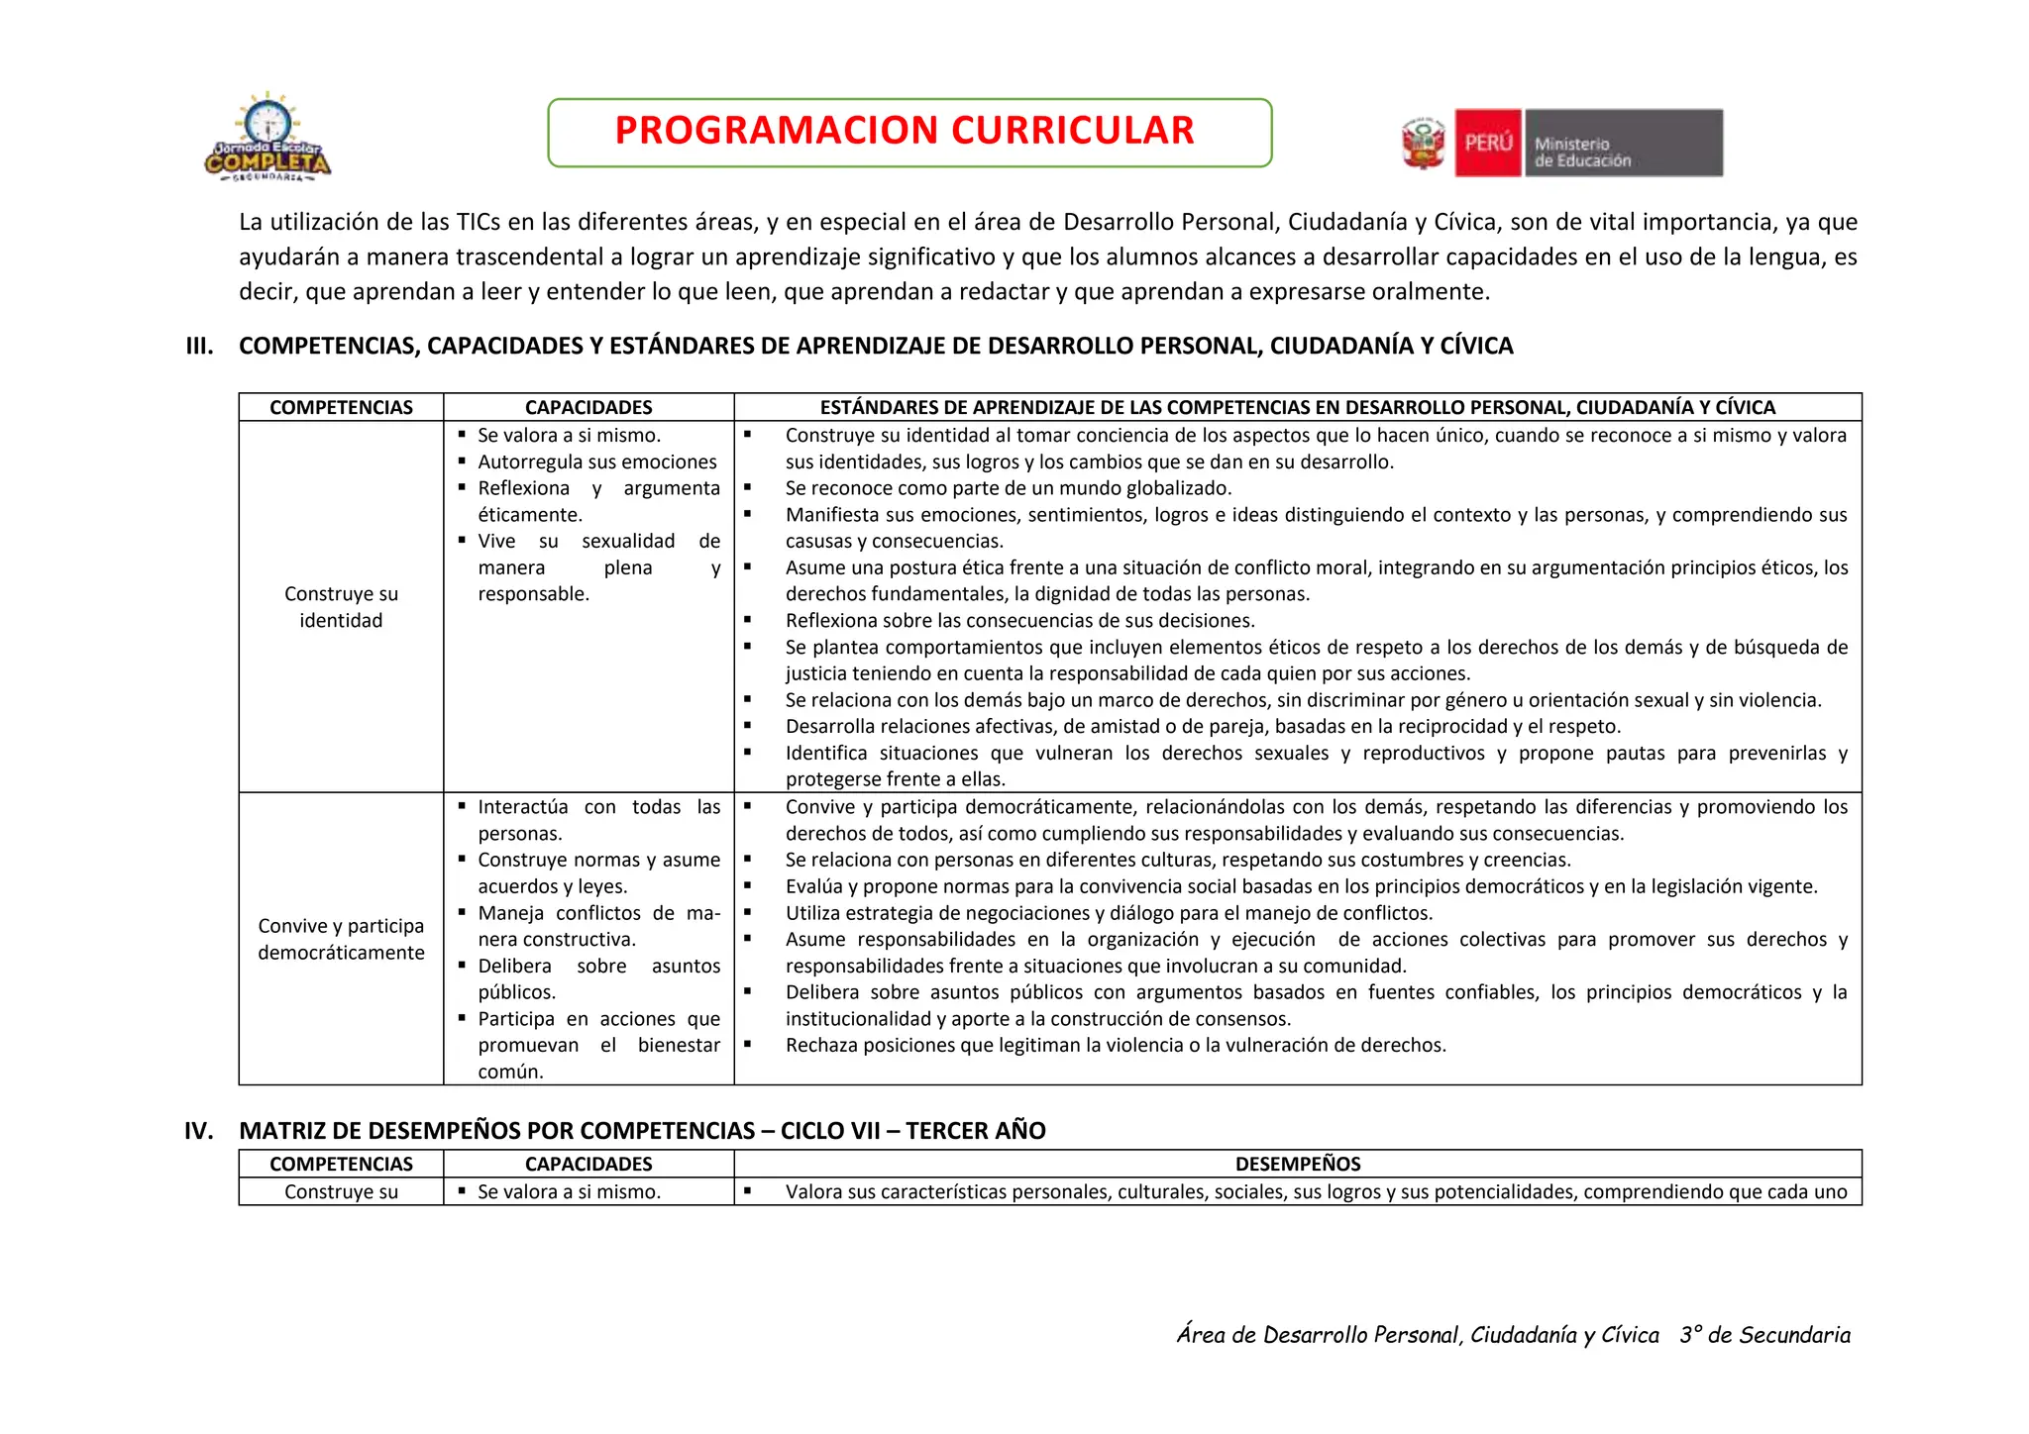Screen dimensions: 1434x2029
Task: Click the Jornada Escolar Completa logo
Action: coord(267,139)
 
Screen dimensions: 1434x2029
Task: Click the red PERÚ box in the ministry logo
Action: coord(1487,144)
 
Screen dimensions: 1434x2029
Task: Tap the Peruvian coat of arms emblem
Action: coord(1424,144)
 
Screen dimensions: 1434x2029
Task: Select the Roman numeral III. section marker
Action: coord(199,346)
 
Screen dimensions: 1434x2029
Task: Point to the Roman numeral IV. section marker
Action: coord(199,1131)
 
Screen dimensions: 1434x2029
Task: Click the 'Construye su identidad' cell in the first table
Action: coord(341,607)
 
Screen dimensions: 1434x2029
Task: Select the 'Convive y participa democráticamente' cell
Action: coord(341,939)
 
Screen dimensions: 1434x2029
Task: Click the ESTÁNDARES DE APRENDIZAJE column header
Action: coord(1297,407)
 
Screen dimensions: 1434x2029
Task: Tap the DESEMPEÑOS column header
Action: coord(1297,1164)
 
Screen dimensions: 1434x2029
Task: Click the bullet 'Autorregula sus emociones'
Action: coord(596,461)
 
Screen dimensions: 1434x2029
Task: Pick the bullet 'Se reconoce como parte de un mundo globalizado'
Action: coord(1008,488)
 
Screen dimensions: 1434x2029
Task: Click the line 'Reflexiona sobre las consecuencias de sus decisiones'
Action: coord(1019,621)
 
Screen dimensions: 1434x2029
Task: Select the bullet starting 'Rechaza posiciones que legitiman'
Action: coord(1115,1045)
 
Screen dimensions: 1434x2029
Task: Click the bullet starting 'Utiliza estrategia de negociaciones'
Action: coord(1109,913)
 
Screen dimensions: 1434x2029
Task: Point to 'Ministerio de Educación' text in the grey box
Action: coord(1582,153)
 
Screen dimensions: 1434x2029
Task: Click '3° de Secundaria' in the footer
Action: coord(1764,1335)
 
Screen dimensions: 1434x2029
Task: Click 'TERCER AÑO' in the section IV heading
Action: coord(975,1131)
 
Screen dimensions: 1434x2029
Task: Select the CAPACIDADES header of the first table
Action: coord(588,407)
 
